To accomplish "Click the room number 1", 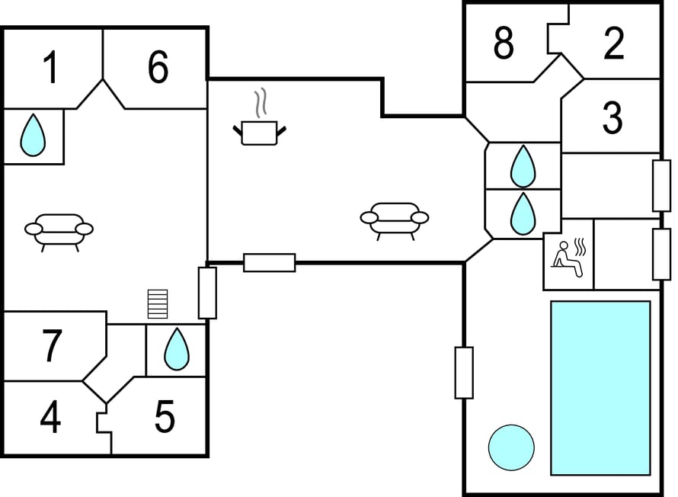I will (x=50, y=69).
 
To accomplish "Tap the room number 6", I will (x=158, y=68).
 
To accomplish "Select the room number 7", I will (x=51, y=345).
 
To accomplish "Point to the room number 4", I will (x=50, y=418).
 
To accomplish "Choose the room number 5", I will (x=165, y=417).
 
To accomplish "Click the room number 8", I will (x=504, y=43).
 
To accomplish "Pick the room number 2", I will (x=613, y=43).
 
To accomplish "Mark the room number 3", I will (x=612, y=118).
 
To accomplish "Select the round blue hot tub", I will (x=511, y=447).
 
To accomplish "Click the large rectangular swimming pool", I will (x=600, y=387).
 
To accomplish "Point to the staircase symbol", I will (x=157, y=303).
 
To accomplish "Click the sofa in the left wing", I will (x=59, y=230).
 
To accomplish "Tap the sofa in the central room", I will (x=394, y=219).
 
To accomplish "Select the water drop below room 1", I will (x=33, y=135).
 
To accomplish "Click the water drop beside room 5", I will (x=177, y=349).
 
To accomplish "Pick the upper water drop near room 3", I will (x=523, y=165).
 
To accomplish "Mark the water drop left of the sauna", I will (x=523, y=213).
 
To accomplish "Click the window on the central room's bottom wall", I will (x=269, y=263).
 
